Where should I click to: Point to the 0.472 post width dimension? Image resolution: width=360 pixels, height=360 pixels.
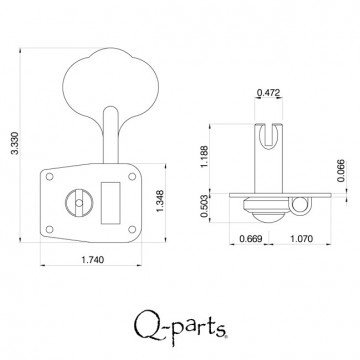click(268, 93)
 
